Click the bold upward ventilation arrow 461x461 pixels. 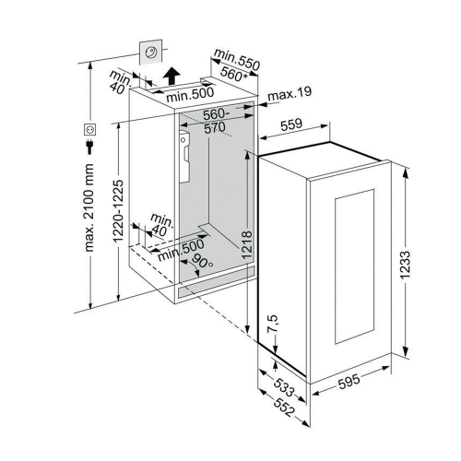click(171, 76)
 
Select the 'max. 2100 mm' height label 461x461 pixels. click(89, 207)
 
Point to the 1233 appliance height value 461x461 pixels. click(405, 265)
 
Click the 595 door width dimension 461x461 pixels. click(349, 381)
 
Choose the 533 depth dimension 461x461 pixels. click(284, 387)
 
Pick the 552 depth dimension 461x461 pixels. click(284, 408)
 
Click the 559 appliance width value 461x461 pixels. click(291, 125)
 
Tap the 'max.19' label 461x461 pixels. click(290, 93)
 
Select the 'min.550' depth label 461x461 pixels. click(237, 59)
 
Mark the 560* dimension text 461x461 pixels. click(234, 74)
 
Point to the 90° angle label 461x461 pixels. click(202, 260)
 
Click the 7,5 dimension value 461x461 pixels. click(273, 324)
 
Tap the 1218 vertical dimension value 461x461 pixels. click(247, 245)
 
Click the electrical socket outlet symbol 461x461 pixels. click(90, 129)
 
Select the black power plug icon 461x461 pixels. click(89, 147)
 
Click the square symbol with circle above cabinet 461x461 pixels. click(150, 53)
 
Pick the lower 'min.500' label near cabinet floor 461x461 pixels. click(181, 250)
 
